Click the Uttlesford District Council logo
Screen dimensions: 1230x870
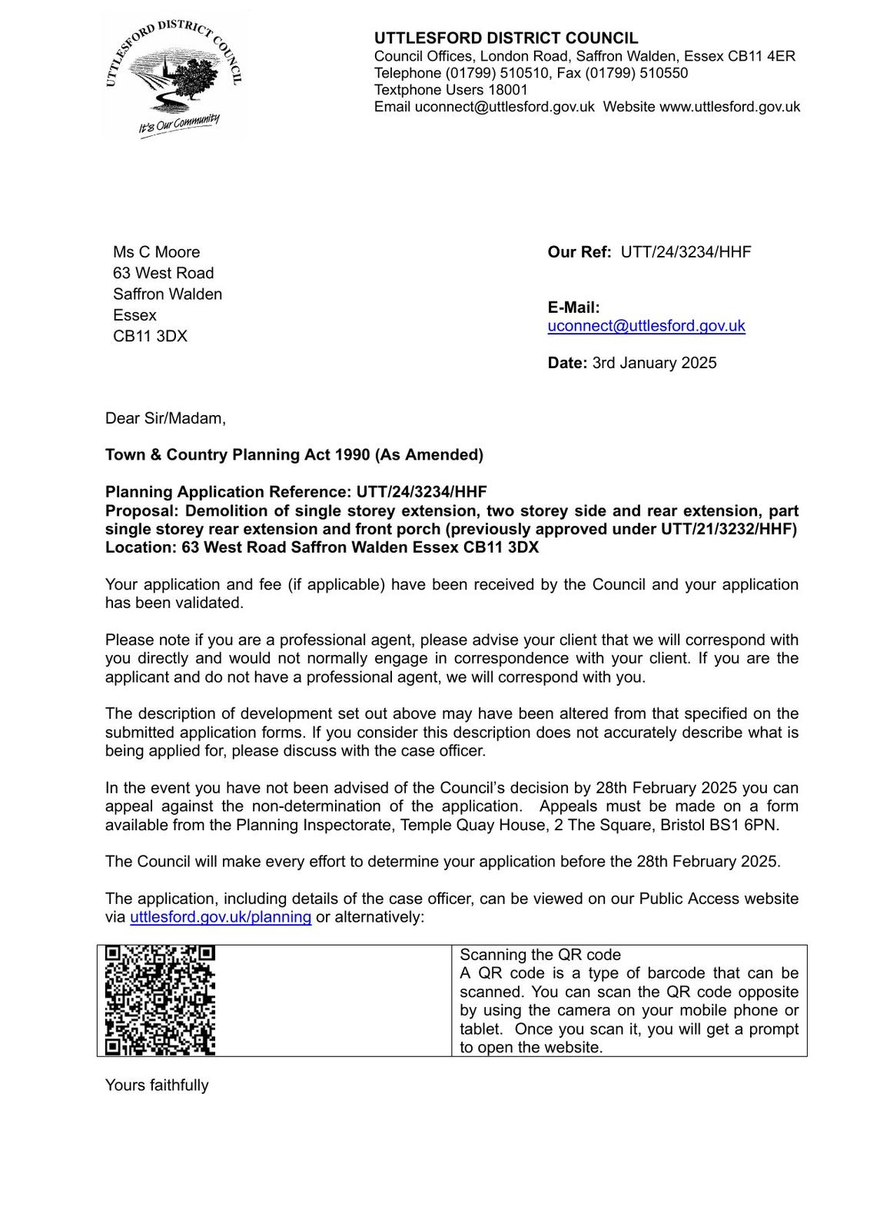pyautogui.click(x=174, y=77)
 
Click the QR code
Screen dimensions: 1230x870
pyautogui.click(x=160, y=1000)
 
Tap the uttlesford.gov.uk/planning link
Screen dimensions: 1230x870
pyautogui.click(x=221, y=917)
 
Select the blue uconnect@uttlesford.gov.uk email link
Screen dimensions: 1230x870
pyautogui.click(x=646, y=326)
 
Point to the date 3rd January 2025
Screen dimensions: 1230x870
pyautogui.click(x=654, y=363)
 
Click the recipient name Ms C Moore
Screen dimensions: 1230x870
pyautogui.click(x=156, y=252)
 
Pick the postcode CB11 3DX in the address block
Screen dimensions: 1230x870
pyautogui.click(x=150, y=336)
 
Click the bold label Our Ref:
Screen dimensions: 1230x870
pyautogui.click(x=579, y=252)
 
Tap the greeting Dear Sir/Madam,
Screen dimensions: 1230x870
pyautogui.click(x=165, y=418)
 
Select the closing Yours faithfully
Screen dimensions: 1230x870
pyautogui.click(x=157, y=1085)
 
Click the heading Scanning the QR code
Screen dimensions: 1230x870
pyautogui.click(x=540, y=955)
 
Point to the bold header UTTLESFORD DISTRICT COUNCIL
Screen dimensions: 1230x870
pyautogui.click(x=506, y=38)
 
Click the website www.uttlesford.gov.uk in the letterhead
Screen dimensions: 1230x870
pyautogui.click(x=729, y=107)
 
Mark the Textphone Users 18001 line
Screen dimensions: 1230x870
pyautogui.click(x=451, y=90)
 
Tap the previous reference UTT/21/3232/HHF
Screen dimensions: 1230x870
pyautogui.click(x=728, y=529)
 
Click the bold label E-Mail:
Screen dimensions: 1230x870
pyautogui.click(x=573, y=307)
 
